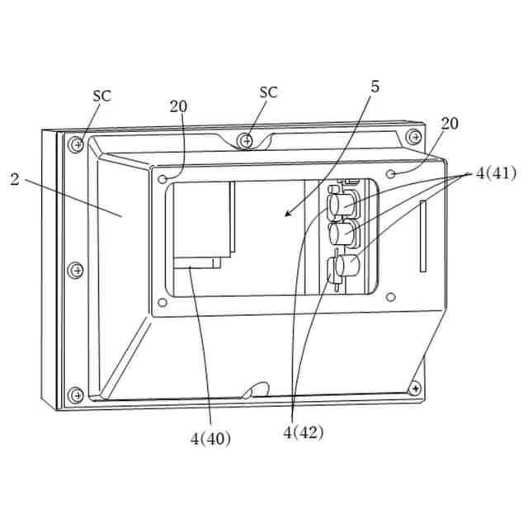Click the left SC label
[101, 96]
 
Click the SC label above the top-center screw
[269, 92]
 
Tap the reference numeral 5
[375, 87]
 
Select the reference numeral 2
[14, 179]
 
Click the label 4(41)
[495, 174]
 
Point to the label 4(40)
[210, 438]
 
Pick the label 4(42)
[304, 432]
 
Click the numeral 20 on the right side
[450, 124]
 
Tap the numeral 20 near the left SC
[178, 106]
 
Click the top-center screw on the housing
[246, 140]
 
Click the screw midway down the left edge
[76, 269]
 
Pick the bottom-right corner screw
[415, 387]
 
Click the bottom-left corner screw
[76, 394]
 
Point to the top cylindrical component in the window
[341, 200]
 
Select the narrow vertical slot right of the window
[422, 235]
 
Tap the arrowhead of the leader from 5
[285, 215]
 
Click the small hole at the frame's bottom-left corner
[163, 303]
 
